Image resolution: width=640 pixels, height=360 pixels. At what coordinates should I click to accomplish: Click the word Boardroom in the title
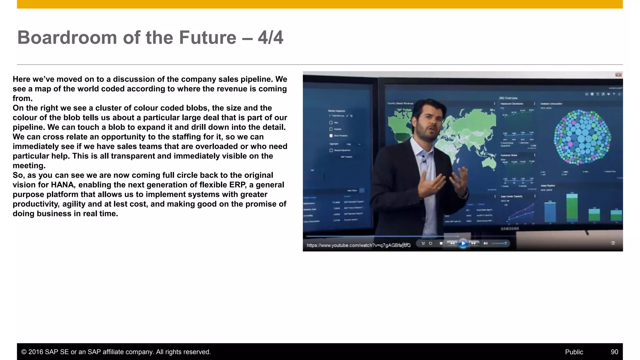point(67,38)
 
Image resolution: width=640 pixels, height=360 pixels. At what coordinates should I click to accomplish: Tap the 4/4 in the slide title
point(270,38)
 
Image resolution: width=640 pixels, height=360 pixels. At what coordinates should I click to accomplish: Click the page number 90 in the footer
point(614,352)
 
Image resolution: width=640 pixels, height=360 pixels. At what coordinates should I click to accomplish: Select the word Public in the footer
point(574,352)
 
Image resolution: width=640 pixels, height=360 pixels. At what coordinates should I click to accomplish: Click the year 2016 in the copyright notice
point(36,352)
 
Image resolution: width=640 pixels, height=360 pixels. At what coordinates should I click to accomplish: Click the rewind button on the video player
point(452,243)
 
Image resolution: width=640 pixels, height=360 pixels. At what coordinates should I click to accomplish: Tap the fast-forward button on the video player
point(474,243)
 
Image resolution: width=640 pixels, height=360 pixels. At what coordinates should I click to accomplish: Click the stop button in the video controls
point(441,243)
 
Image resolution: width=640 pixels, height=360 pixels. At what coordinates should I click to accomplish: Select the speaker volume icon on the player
point(486,243)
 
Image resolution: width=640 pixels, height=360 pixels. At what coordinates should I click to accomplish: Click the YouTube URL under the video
point(358,245)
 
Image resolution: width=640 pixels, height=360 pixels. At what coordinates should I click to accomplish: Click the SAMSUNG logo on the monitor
point(510,229)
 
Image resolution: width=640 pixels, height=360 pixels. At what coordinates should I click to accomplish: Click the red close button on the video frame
point(618,75)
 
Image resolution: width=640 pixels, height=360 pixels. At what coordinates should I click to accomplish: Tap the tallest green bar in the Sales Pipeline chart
point(572,209)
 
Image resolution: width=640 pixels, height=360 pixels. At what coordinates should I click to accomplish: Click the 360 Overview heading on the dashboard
point(508,98)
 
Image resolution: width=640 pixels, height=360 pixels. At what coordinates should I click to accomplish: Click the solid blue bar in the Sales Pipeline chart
point(550,212)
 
